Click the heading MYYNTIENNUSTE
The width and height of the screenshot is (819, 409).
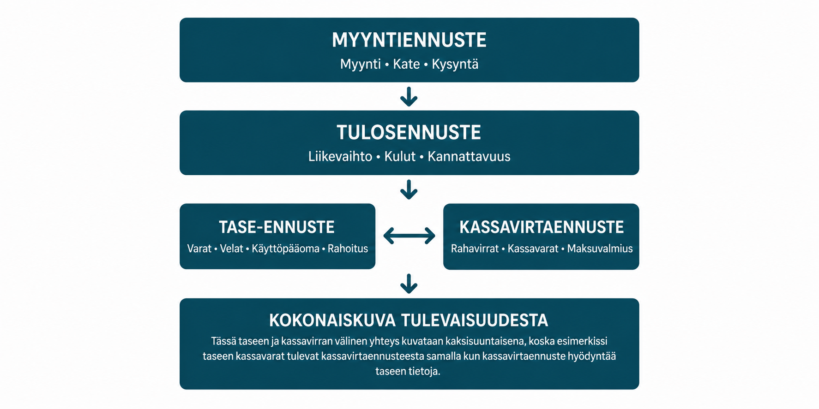[409, 40]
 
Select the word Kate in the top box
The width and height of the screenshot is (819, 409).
[406, 64]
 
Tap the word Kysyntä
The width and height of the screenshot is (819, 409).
[455, 65]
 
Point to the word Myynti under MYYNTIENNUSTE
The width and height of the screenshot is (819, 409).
[360, 65]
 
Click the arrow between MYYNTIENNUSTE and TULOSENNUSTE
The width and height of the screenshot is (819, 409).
[409, 96]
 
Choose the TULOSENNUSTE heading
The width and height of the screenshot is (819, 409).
[409, 133]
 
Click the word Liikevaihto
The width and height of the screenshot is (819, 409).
[340, 156]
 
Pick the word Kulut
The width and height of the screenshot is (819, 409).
[400, 157]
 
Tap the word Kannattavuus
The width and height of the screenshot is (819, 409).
[469, 157]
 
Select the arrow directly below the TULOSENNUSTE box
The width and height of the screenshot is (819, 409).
[409, 190]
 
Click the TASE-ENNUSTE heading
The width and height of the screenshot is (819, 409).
[277, 227]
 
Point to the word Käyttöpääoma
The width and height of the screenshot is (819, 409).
[285, 249]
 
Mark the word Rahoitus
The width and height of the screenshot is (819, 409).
[348, 249]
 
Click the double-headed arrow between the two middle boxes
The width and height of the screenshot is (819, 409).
[409, 236]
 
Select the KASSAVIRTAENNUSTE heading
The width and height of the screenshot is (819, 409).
[542, 227]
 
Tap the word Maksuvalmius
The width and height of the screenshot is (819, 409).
[600, 249]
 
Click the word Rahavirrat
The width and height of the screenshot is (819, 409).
[475, 249]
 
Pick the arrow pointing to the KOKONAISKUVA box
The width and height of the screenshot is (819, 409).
[409, 284]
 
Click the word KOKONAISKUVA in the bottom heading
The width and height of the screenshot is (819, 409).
[332, 320]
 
